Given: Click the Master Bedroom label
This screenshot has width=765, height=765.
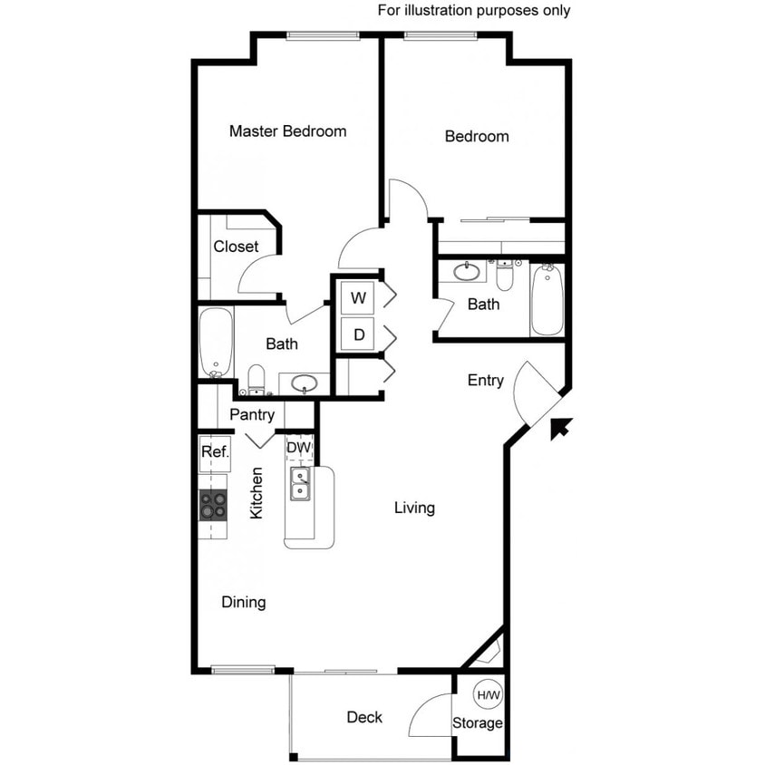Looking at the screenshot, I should tap(287, 131).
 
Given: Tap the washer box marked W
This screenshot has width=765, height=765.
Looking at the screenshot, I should tap(359, 297).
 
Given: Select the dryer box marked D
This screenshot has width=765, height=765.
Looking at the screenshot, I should tap(359, 334).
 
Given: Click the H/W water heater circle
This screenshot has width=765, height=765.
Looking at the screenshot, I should tap(488, 695).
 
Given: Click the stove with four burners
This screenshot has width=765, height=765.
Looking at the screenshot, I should tap(213, 505).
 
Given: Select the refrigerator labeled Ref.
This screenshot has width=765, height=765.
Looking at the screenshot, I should tap(214, 451).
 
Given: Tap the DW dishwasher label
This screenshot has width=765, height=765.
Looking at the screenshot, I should tap(299, 448).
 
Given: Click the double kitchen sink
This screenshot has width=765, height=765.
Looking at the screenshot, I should tap(300, 484).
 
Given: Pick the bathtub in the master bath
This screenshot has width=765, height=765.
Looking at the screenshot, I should tap(216, 343).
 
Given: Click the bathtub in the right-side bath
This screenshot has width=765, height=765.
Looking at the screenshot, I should tap(547, 298).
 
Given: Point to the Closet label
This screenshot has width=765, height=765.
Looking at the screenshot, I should tap(236, 247).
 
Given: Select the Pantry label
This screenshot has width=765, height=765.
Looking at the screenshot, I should tap(252, 415).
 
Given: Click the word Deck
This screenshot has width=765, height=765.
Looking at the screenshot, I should tap(364, 718).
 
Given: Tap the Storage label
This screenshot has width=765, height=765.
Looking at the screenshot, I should tap(478, 723).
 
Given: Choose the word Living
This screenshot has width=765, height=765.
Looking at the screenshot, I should tap(414, 508).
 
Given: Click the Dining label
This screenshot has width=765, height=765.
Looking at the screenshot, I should tap(244, 602).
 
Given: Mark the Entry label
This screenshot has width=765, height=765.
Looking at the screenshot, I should tap(486, 381).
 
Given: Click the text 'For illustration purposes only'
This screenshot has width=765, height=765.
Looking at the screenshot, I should tap(474, 11).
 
